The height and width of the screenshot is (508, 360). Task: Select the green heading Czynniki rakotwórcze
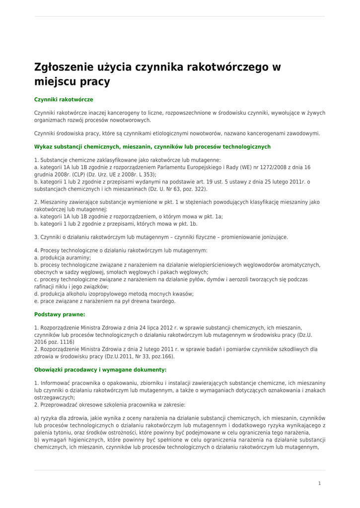click(64, 100)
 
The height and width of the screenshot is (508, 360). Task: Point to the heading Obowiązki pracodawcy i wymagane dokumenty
click(100, 370)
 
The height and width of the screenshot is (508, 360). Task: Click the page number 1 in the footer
click(320, 483)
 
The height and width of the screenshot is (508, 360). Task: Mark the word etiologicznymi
click(163, 133)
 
